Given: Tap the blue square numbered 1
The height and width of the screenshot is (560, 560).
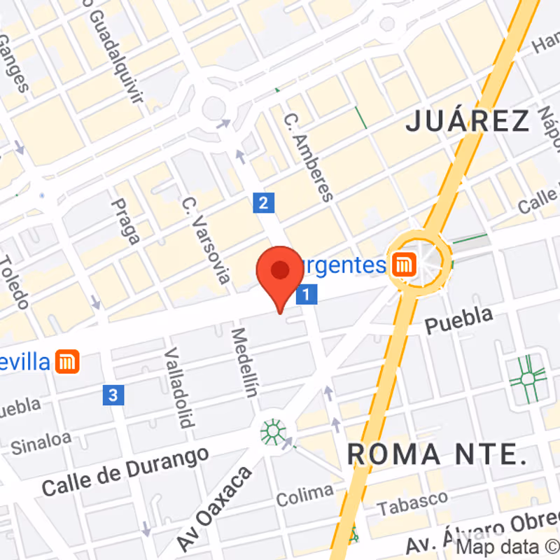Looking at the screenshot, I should pos(307,294).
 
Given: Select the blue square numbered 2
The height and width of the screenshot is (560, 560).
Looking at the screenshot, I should pos(263,203).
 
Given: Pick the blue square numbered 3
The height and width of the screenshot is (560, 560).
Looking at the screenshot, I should pos(113,395).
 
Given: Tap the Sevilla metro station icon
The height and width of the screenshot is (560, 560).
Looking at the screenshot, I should pos(68,361).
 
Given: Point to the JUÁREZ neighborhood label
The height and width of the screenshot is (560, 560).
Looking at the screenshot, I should pos(468,122).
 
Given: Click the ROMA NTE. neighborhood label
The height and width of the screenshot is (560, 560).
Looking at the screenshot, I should pos(437,454).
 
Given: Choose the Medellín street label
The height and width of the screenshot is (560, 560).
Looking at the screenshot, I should pos(244,363).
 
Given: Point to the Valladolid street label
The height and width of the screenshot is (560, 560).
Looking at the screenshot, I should pos(178,387).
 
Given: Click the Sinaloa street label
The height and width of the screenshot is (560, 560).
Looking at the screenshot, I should pos(41,440).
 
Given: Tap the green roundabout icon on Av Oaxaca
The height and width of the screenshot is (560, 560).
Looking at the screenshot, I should pos(273,430).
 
